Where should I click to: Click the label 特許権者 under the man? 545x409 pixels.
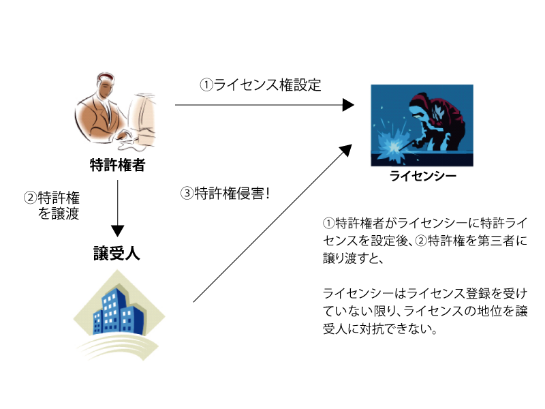(117, 165)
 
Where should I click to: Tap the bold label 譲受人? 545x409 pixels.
(116, 253)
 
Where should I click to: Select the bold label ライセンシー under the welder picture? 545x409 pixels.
(422, 176)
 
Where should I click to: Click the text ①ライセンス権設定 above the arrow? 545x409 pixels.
(260, 85)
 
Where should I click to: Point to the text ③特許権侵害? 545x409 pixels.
(225, 194)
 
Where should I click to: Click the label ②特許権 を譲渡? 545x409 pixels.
(52, 206)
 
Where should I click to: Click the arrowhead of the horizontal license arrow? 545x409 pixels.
(348, 105)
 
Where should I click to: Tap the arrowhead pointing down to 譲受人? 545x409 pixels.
(117, 231)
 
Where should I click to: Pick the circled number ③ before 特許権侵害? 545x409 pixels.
(187, 194)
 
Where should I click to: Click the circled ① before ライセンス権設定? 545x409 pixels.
(206, 85)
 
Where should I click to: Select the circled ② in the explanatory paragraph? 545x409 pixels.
(421, 241)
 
